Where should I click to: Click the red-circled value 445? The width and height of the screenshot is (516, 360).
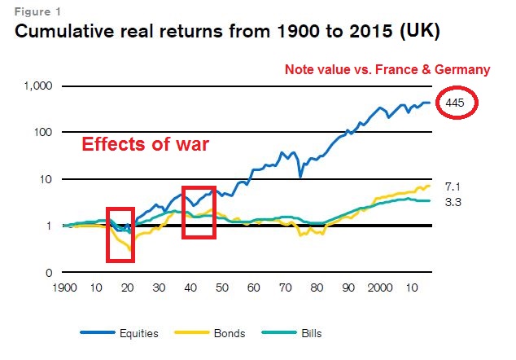456,103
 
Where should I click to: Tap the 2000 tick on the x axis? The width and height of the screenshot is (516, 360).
379,288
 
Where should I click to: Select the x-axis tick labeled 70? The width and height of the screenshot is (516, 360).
285,288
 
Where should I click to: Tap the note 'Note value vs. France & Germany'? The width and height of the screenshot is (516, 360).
387,70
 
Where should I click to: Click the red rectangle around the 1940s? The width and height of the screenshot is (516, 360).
199,212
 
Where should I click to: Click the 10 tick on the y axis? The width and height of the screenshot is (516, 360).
46,179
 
